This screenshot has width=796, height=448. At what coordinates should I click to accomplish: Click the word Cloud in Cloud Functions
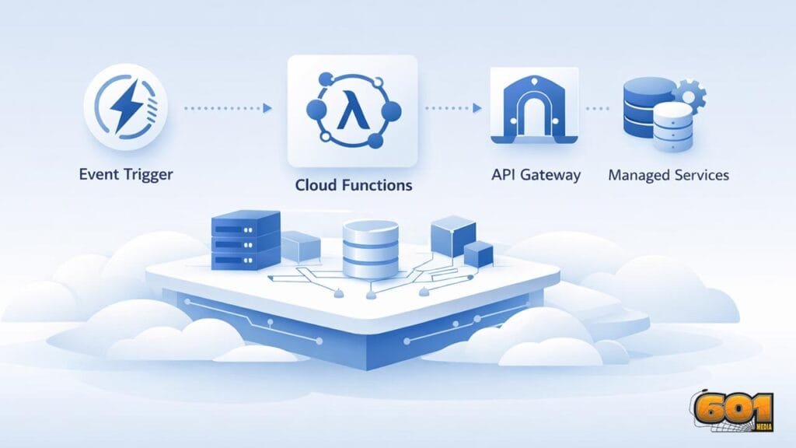316,186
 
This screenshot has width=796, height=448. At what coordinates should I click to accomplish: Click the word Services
702,174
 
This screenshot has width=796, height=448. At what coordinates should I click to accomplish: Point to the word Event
97,173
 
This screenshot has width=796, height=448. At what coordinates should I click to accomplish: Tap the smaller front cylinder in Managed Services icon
673,129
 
